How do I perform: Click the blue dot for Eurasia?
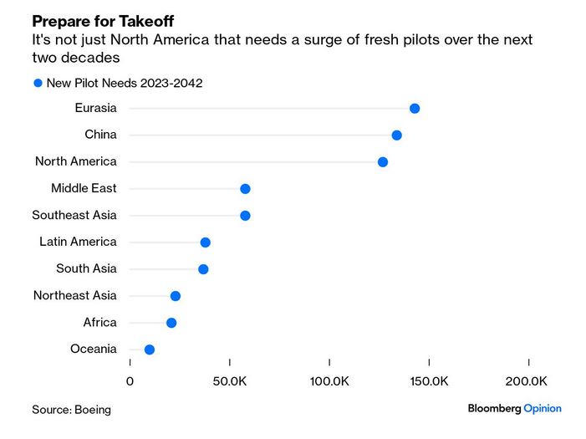415,109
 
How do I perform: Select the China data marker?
396,135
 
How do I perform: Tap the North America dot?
383,162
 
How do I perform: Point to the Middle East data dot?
245,189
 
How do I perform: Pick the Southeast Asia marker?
245,216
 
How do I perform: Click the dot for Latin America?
205,242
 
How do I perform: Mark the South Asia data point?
203,269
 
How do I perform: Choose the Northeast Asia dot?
176,296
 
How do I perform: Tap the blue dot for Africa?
171,323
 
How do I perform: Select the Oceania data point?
150,350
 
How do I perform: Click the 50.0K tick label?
229,381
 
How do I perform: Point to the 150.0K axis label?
428,381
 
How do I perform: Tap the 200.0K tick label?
527,381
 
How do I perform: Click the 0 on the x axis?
130,381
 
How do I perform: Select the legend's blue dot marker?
38,83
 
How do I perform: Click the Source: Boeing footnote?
71,410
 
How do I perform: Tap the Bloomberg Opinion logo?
514,408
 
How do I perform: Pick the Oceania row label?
94,349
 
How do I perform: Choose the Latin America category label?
78,242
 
